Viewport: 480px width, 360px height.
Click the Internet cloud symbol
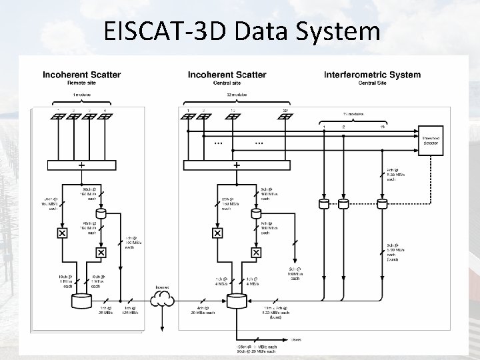(162, 299)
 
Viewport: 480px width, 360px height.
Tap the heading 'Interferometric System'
(372, 75)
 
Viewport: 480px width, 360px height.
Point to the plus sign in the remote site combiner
(81, 164)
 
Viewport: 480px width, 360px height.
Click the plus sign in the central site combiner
(237, 164)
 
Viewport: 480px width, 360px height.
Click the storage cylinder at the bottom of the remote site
(81, 302)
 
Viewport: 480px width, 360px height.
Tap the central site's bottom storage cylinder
(236, 302)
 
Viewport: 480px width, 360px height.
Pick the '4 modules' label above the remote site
(81, 95)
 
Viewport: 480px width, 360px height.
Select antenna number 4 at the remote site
(105, 117)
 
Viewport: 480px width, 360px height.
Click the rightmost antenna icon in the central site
(285, 117)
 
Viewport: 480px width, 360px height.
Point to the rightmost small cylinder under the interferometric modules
(383, 203)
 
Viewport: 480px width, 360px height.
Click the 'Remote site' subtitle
(80, 83)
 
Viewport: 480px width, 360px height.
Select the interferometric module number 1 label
(324, 127)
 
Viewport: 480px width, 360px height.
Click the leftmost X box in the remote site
(62, 233)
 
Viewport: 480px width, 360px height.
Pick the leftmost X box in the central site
(217, 233)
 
